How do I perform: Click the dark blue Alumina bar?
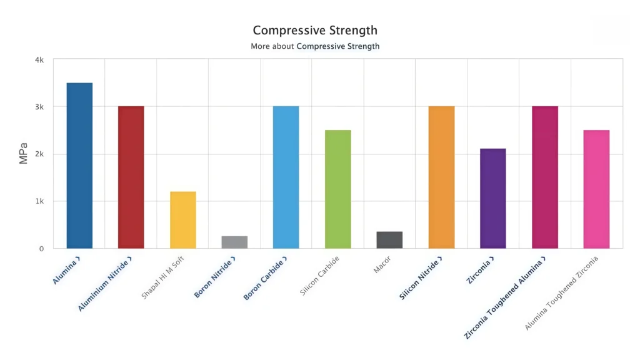(79, 166)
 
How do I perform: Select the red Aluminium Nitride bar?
(131, 177)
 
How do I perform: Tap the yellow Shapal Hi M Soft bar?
(183, 219)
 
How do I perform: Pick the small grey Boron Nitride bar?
(234, 242)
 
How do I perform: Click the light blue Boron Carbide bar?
(286, 177)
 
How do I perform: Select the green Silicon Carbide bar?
(338, 189)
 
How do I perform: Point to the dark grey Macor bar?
(390, 240)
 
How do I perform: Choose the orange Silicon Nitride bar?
(441, 177)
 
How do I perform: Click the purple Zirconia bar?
(493, 198)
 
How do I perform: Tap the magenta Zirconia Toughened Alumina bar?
(545, 177)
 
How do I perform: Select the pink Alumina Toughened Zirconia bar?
(596, 189)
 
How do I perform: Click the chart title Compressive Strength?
(315, 30)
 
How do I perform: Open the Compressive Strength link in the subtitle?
(337, 46)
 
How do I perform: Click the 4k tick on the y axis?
(39, 60)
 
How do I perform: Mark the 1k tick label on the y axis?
(39, 201)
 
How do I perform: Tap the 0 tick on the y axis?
(41, 249)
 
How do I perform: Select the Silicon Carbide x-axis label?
(320, 274)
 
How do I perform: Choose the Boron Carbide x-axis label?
(265, 277)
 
